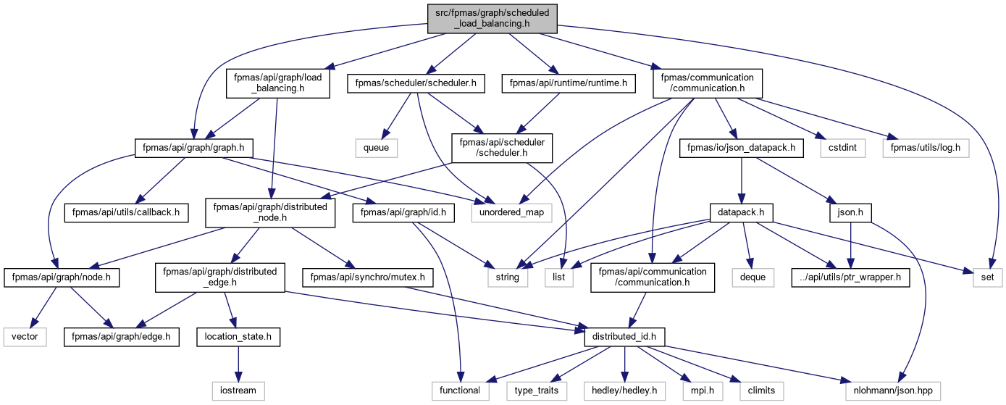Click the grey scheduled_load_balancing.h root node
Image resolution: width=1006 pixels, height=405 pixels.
(x=492, y=19)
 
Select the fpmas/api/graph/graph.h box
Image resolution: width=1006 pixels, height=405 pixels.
(x=193, y=148)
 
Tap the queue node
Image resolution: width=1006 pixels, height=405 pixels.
(x=377, y=148)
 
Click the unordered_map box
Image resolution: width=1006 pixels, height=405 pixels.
(x=511, y=212)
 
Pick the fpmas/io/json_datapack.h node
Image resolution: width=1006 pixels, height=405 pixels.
(x=742, y=148)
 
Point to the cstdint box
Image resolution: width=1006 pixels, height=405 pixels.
(x=842, y=148)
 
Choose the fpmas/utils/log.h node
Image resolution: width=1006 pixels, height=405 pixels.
(x=926, y=148)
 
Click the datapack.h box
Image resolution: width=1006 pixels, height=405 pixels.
(x=741, y=212)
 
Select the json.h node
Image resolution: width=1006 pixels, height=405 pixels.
(x=850, y=212)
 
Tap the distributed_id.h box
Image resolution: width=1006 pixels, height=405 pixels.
(x=624, y=337)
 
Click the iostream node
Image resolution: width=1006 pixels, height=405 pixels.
(x=238, y=391)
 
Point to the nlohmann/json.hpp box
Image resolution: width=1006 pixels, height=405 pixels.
(x=893, y=391)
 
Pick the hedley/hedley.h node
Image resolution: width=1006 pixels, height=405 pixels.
(x=624, y=391)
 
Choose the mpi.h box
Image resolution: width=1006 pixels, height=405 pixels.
(x=703, y=391)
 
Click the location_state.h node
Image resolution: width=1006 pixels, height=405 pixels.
(x=238, y=337)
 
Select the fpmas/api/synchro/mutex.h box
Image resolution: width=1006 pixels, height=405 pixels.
(x=367, y=277)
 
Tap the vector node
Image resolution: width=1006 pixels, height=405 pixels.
(x=25, y=337)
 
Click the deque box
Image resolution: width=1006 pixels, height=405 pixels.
(x=753, y=277)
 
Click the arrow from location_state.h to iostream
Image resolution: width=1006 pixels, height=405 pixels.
(x=238, y=364)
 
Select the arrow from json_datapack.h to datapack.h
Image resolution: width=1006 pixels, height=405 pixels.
(x=742, y=180)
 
